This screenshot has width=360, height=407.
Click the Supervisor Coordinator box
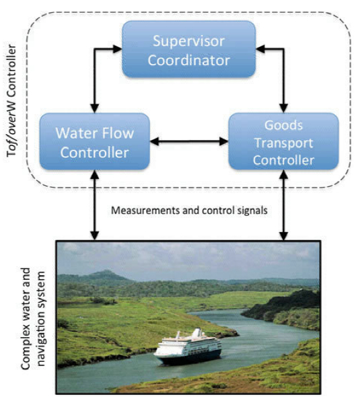pyautogui.click(x=188, y=49)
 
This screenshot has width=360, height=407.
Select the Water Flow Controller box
pyautogui.click(x=94, y=141)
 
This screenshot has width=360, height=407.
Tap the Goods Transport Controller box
pyautogui.click(x=283, y=141)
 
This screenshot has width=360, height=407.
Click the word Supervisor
pyautogui.click(x=188, y=41)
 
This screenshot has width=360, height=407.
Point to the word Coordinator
pyautogui.click(x=188, y=61)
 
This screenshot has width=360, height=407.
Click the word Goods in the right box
pyautogui.click(x=283, y=125)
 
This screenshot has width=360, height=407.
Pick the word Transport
pyautogui.click(x=283, y=143)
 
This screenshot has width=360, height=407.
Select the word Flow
pyautogui.click(x=118, y=133)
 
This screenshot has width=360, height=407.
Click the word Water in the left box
pyautogui.click(x=77, y=133)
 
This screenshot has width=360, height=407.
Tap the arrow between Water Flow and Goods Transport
pyautogui.click(x=189, y=141)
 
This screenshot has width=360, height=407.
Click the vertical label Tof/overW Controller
pyautogui.click(x=11, y=100)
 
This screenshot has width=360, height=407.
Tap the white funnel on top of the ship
pyautogui.click(x=197, y=332)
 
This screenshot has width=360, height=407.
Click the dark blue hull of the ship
pyautogui.click(x=189, y=358)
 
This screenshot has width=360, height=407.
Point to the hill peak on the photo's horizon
pyautogui.click(x=106, y=272)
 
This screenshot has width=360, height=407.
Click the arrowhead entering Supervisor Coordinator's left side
pyautogui.click(x=117, y=49)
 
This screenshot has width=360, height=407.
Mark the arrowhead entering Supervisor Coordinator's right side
pyautogui.click(x=260, y=49)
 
